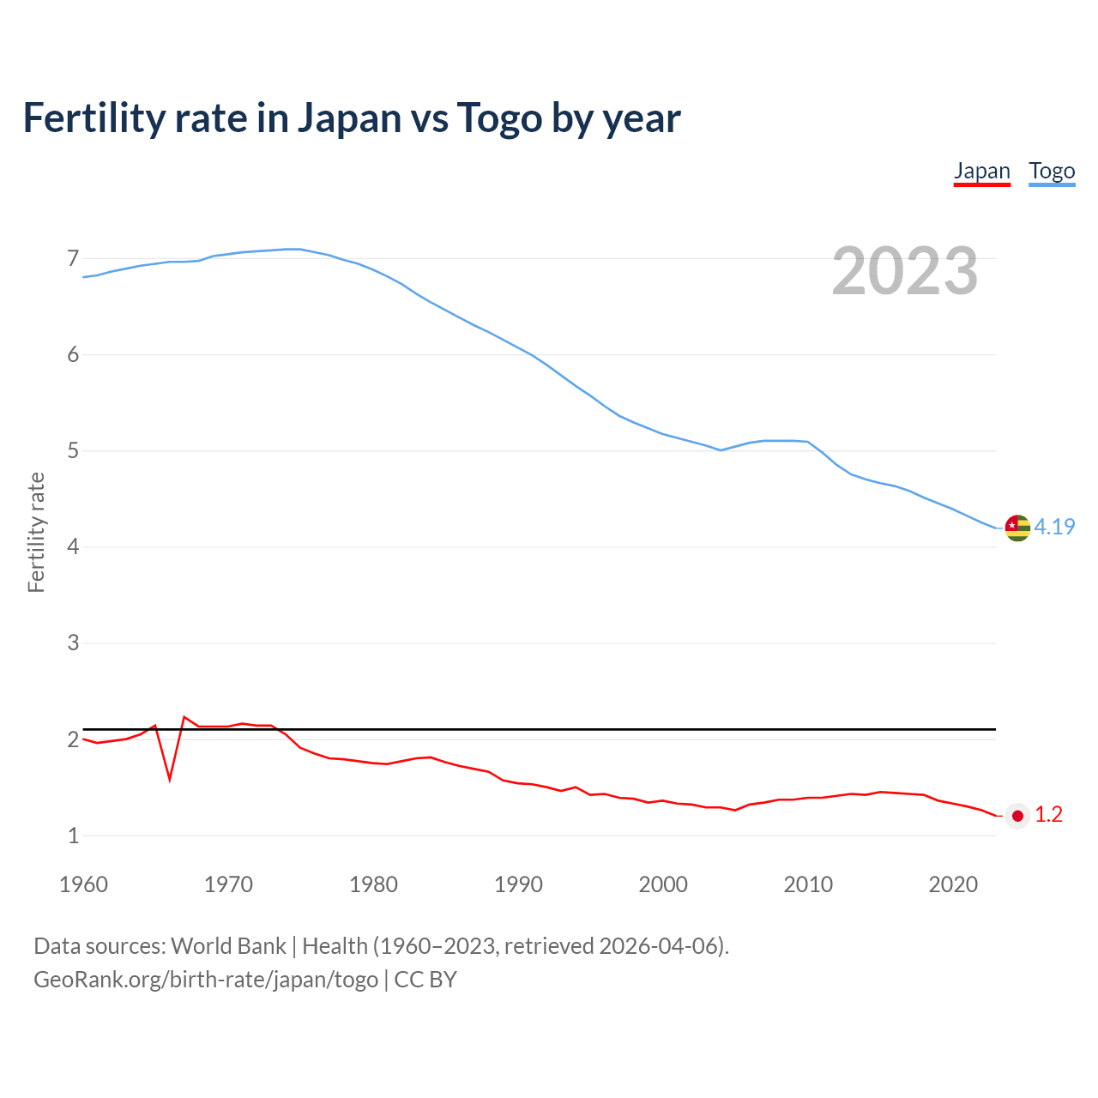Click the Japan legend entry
982,171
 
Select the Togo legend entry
1052,171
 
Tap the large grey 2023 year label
905,271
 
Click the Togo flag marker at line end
1017,528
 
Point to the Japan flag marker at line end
1017,816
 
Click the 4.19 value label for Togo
1054,527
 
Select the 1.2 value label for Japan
1048,815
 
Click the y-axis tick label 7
73,258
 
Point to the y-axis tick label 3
73,643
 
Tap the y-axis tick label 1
73,836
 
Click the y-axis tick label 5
73,450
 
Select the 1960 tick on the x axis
83,884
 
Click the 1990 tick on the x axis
518,884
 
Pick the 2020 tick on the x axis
953,884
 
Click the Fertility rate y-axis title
36,532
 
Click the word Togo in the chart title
498,118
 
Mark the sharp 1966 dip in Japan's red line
170,777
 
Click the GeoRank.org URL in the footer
206,980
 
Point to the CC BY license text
425,980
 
